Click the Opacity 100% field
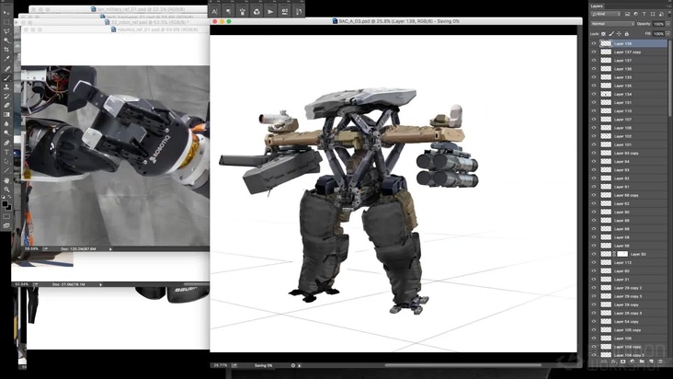click(657, 24)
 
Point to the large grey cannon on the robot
click(267, 168)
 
